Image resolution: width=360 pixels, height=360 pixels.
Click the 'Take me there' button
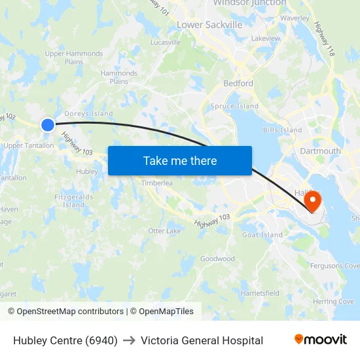point(180,160)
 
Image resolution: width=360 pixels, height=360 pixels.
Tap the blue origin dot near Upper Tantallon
point(48,124)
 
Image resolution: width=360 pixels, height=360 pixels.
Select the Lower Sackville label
point(209,25)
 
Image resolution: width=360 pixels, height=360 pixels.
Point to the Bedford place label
point(238,83)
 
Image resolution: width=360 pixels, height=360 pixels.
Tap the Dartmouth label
point(320,151)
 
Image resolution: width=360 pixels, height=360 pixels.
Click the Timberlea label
point(157,183)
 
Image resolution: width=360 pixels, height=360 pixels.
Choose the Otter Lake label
point(164,231)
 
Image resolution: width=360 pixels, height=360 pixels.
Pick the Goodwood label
point(217,259)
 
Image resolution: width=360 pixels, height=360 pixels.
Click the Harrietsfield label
point(260,293)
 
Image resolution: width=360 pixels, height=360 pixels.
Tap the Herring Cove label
point(333,302)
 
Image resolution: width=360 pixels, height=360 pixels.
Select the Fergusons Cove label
point(334,266)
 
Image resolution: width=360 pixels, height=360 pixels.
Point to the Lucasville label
point(166,43)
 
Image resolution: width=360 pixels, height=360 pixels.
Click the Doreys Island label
point(88,114)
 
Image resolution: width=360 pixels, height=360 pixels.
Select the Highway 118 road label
point(324,39)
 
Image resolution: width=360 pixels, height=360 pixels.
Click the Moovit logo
point(321,340)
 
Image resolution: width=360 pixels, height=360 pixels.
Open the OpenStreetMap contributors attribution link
point(65,312)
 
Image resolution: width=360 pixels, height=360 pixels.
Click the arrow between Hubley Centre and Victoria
point(129,340)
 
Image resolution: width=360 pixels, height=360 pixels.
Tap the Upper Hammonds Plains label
point(73,58)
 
